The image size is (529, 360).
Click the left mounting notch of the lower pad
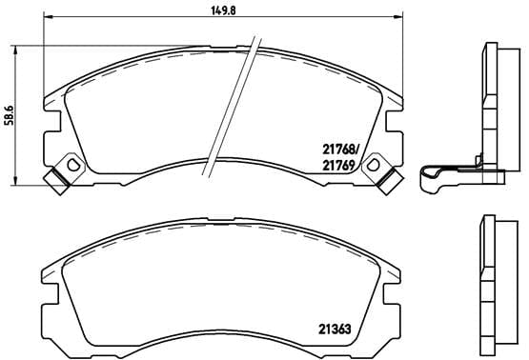pos(45,305)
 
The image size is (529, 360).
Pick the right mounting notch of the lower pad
pos(402,305)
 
